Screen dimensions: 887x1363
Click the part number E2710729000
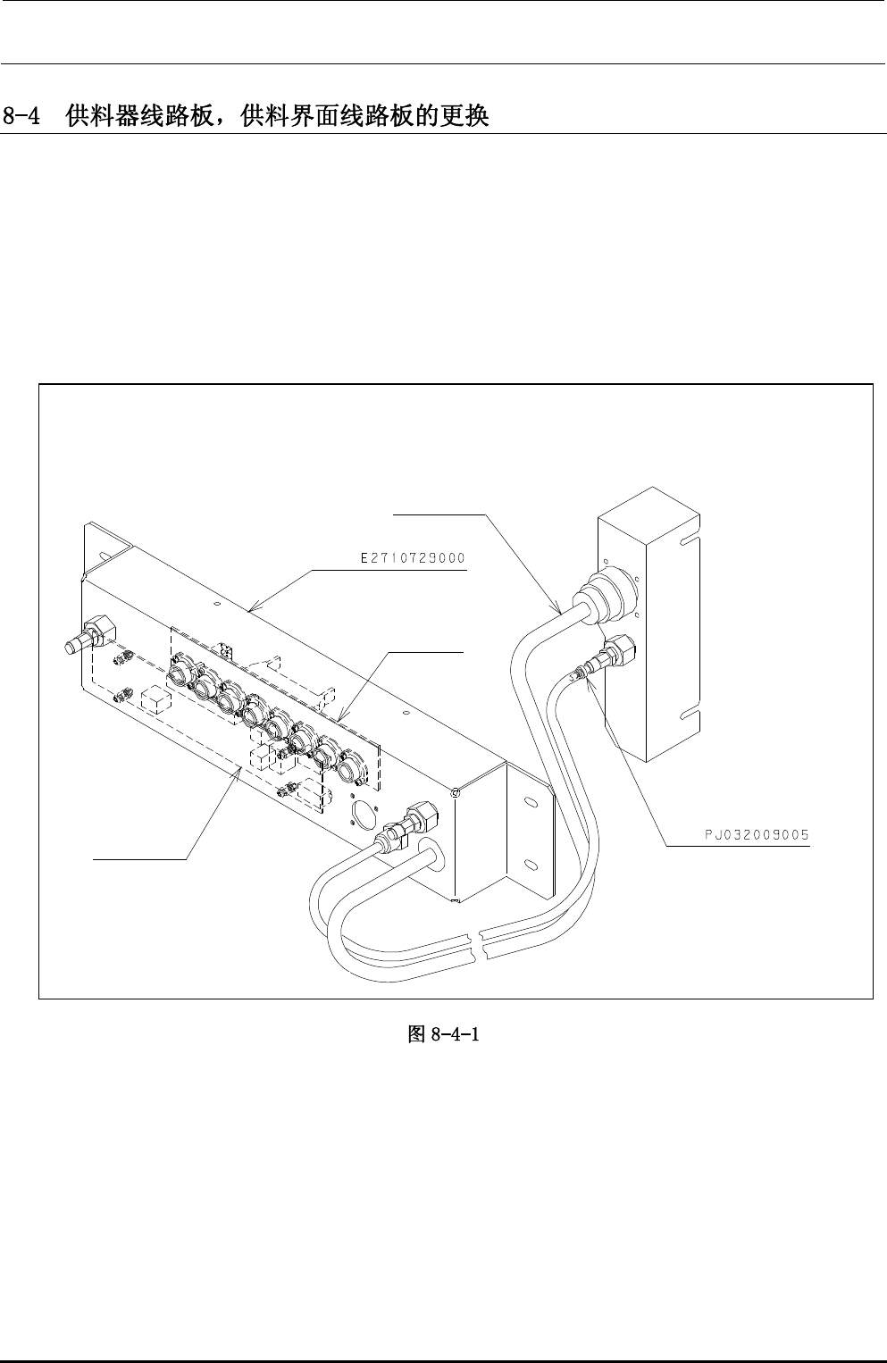pos(412,559)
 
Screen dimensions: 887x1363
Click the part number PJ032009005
pos(754,836)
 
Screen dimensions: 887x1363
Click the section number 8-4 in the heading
pos(23,116)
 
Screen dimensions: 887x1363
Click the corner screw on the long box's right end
pos(457,792)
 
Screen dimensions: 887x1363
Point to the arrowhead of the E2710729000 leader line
pos(251,611)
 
